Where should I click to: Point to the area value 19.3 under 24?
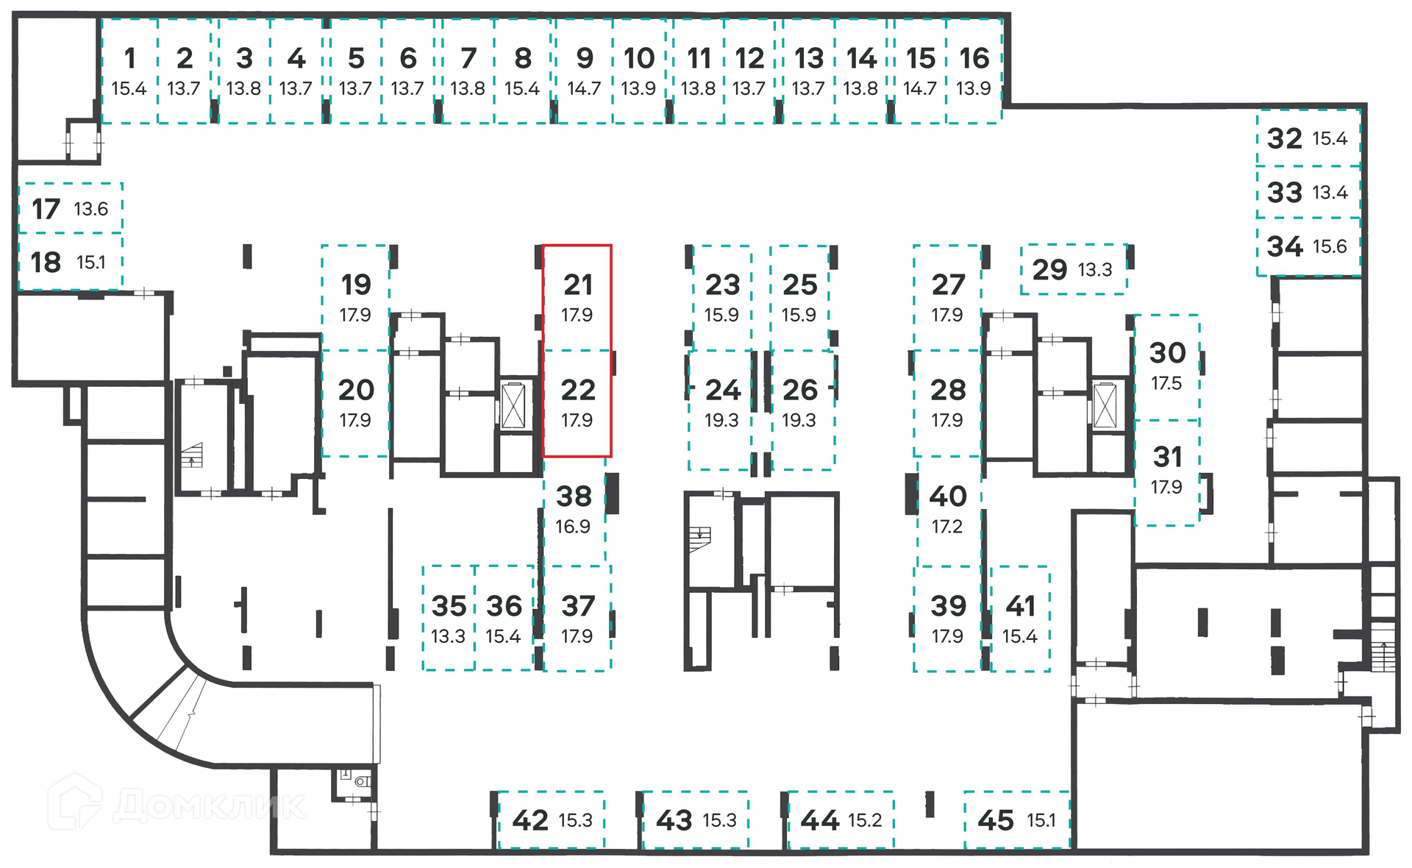[721, 420]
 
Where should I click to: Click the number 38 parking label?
[574, 497]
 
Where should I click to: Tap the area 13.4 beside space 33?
[1330, 193]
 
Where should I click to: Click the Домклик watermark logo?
[176, 803]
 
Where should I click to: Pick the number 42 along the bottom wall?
[530, 820]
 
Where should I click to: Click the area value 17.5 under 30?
[1166, 383]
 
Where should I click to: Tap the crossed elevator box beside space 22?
[513, 405]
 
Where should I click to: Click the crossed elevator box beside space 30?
[1105, 405]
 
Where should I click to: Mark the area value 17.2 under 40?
[946, 527]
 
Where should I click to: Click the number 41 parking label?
[1021, 606]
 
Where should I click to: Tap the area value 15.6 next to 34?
[1330, 246]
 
